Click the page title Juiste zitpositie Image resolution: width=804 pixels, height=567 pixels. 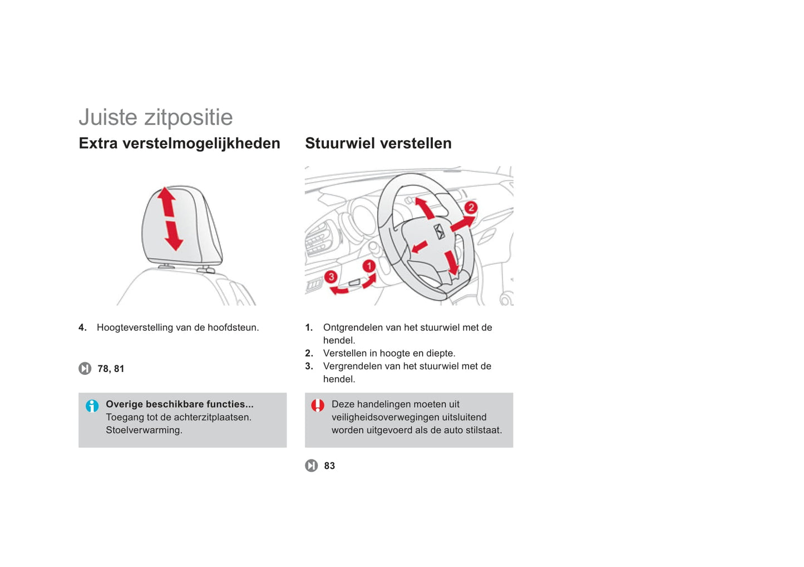click(x=156, y=117)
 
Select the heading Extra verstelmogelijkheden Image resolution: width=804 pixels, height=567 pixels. click(x=180, y=143)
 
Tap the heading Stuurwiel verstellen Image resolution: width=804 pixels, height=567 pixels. click(x=378, y=143)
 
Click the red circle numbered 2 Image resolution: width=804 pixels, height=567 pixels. click(x=471, y=207)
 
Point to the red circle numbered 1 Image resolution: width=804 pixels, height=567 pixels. click(x=369, y=266)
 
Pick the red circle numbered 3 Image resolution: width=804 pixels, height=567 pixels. click(x=331, y=277)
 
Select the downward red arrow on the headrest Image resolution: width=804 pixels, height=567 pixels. click(x=174, y=236)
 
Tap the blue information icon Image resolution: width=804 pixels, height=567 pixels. click(x=92, y=406)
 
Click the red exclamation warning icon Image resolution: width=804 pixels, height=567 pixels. click(x=318, y=405)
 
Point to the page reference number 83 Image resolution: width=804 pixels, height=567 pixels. click(x=329, y=466)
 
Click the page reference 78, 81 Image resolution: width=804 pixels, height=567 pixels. click(x=111, y=369)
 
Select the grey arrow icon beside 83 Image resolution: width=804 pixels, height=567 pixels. click(x=312, y=466)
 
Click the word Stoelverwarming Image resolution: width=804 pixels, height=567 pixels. click(x=144, y=430)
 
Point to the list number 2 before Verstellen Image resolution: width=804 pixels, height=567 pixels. click(x=309, y=353)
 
